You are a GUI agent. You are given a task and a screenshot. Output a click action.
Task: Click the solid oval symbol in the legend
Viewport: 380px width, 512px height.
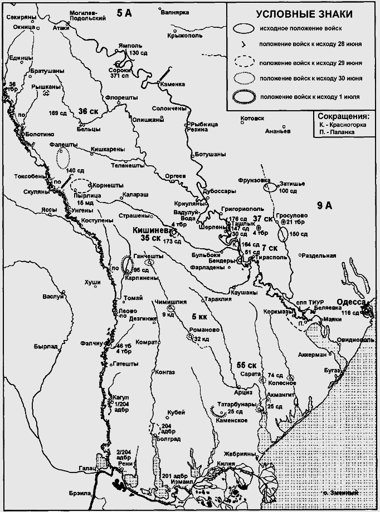(x=243, y=28)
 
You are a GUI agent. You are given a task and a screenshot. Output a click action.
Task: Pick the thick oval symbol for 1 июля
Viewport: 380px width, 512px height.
(x=243, y=97)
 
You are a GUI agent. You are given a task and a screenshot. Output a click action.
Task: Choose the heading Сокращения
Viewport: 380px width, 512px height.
(x=343, y=117)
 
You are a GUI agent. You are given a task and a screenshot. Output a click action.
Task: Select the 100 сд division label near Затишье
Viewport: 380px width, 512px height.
(x=288, y=191)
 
